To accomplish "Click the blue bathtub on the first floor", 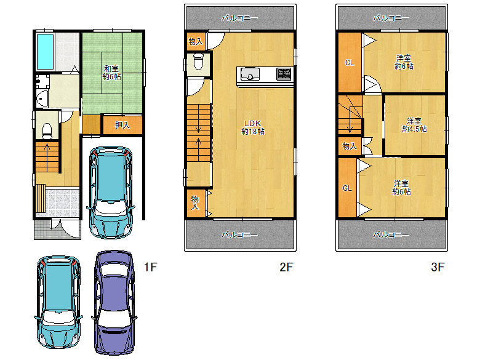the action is point(45,52).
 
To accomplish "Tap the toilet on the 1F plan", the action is point(47,130).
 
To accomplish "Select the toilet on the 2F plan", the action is point(198,61).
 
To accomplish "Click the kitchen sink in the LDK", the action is point(250,74).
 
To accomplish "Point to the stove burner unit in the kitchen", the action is point(284,74).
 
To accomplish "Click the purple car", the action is point(114,302).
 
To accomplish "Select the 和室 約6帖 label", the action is point(111,73).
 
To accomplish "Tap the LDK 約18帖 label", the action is point(253,127).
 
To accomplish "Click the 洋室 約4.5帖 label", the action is point(414,125).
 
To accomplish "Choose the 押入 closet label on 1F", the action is point(122,125).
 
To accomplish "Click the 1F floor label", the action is point(151,267).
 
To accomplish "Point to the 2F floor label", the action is point(286,267).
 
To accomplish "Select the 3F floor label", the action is point(438,267).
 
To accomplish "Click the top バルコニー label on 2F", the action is point(240,18).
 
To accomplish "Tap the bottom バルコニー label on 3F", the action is point(391,234).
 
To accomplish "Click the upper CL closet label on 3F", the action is point(350,63).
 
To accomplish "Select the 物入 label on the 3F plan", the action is point(350,146).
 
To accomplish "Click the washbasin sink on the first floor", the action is point(41,98).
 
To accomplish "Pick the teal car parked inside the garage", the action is point(111,192).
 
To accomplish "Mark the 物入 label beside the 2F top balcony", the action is point(196,41).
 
